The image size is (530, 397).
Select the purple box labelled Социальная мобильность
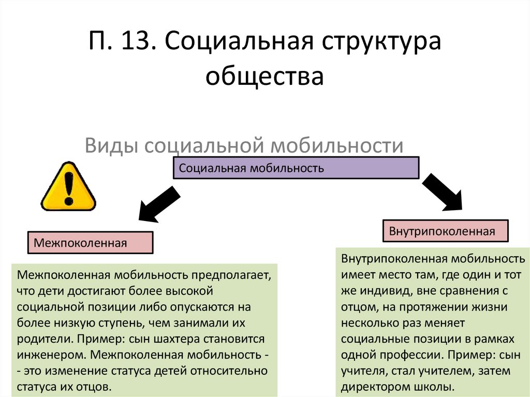[296, 168]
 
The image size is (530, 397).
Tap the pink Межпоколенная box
[90, 243]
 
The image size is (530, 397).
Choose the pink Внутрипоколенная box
[445, 231]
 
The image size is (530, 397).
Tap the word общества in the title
[264, 77]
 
